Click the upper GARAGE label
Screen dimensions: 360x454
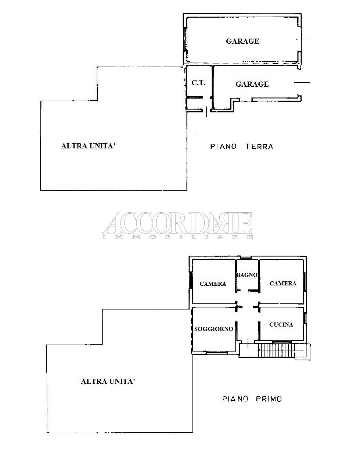(242, 41)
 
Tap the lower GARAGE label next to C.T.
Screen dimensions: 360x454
(252, 84)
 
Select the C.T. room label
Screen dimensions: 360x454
(198, 83)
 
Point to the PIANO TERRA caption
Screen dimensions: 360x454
(242, 147)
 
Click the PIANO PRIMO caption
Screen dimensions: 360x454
(252, 399)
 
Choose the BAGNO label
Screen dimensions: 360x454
(247, 275)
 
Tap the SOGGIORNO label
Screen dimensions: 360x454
(213, 329)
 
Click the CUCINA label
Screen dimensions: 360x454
(281, 324)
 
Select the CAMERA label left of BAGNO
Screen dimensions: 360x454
(213, 284)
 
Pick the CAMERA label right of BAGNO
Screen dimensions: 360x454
(283, 283)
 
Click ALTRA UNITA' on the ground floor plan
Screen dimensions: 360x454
(88, 146)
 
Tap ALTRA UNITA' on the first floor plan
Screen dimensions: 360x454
(108, 381)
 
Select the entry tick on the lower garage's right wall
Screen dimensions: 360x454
(302, 83)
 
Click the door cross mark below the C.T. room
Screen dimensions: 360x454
(206, 111)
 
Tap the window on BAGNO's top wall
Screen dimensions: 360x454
(246, 257)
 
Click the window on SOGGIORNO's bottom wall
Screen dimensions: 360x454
(216, 352)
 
